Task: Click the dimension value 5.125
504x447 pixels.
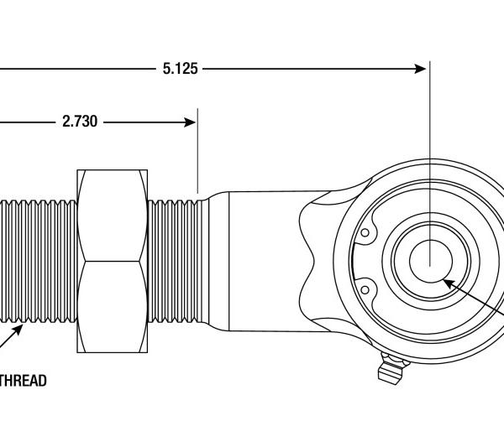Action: tap(180, 69)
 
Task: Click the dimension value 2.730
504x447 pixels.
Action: tap(80, 122)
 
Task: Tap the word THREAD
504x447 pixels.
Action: tap(24, 381)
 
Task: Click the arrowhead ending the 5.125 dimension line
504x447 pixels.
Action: tap(422, 69)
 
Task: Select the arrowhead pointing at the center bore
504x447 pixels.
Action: tap(449, 285)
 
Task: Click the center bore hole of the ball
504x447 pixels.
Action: tap(429, 262)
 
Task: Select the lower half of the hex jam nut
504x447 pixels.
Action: tap(111, 306)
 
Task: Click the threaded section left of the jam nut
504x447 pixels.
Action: tap(38, 261)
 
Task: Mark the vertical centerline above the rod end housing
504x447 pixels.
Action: tap(429, 117)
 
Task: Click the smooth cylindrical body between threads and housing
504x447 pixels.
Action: tap(260, 261)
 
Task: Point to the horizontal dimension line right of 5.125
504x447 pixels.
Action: tap(311, 69)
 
